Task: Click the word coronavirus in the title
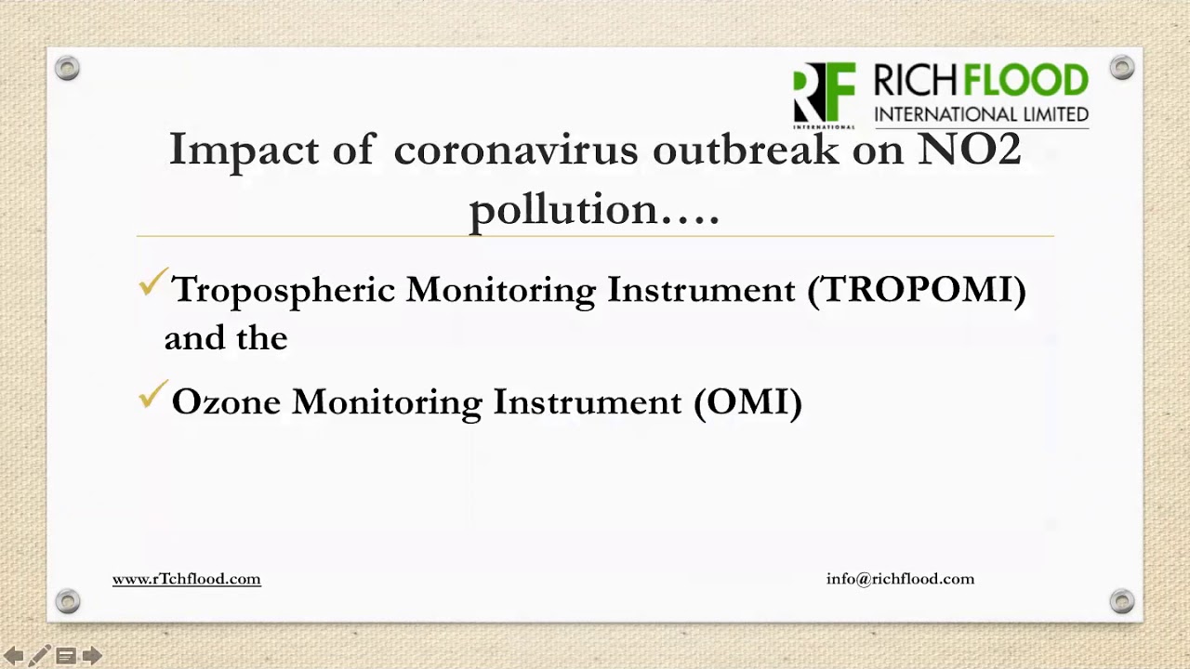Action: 516,150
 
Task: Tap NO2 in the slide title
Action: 970,150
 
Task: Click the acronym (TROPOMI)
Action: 917,290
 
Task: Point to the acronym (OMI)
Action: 748,402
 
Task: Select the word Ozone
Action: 226,402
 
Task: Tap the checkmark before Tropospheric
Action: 152,282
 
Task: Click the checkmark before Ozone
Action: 152,396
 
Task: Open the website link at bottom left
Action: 186,579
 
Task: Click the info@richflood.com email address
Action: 900,579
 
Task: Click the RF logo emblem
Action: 824,93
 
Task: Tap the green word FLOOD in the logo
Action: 1025,82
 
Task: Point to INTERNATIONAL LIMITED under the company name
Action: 981,114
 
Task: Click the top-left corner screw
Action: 67,68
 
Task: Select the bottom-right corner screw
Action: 1122,600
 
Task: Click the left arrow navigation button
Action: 13,657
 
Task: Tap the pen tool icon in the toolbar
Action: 39,657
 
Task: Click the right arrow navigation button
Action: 91,657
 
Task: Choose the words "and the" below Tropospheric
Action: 226,338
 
